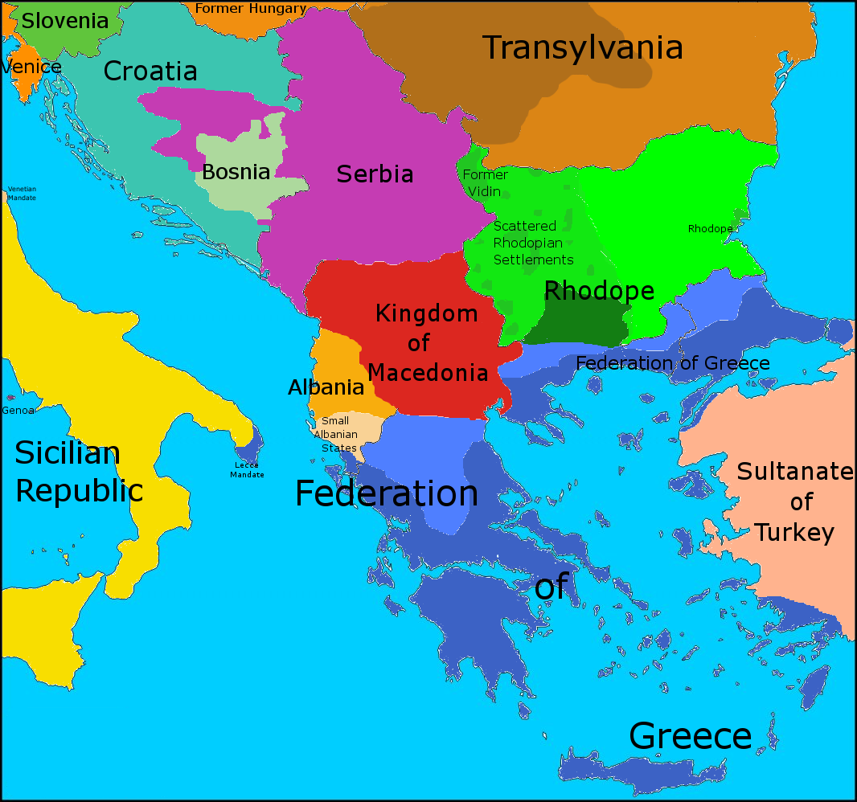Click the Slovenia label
pos(64,21)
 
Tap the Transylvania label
pos(582,48)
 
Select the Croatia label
pos(150,72)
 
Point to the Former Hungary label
pos(250,9)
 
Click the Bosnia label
pos(236,172)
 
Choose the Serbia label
pos(375,174)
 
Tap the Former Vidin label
pos(485,183)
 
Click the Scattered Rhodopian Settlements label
pos(533,243)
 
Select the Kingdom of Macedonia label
pos(427,343)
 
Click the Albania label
pos(326,387)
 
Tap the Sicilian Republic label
pos(79,472)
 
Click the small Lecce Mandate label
pos(247,470)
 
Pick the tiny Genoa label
pos(18,411)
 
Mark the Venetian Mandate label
pos(22,193)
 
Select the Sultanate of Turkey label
pos(795,502)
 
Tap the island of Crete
pos(643,767)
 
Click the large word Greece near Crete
pos(690,736)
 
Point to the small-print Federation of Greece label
pos(672,363)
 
